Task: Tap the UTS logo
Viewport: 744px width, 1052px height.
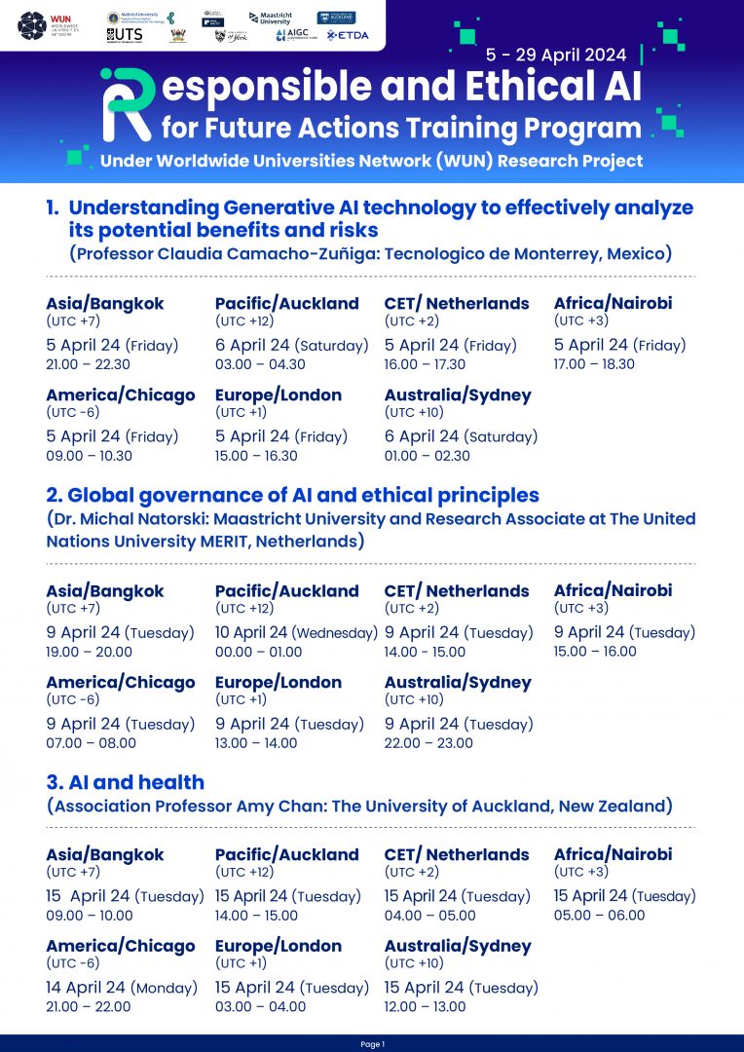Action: click(x=126, y=35)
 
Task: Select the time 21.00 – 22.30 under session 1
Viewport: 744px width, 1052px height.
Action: click(x=89, y=364)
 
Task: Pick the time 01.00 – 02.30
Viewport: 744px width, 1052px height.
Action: click(x=428, y=456)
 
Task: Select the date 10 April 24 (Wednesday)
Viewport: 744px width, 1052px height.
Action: click(x=296, y=632)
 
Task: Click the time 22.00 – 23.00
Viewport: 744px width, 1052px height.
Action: click(x=428, y=743)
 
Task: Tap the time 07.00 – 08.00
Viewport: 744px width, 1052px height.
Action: click(x=91, y=743)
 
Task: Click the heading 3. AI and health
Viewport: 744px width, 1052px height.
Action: click(x=125, y=782)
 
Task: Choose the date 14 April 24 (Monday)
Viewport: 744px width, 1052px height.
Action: click(x=122, y=988)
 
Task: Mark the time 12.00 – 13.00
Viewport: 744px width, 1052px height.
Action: click(x=425, y=1007)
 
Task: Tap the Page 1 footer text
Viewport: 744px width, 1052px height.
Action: click(x=372, y=1044)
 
